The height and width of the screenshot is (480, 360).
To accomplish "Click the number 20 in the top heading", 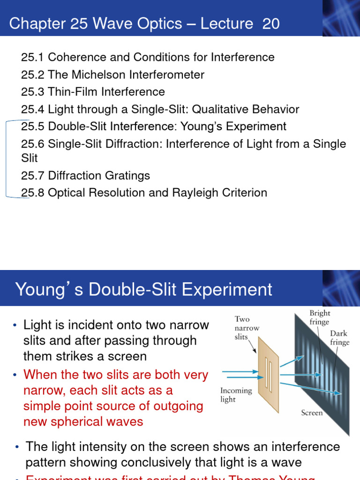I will point(271,23).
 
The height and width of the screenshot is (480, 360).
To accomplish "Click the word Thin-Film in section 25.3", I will point(72,92).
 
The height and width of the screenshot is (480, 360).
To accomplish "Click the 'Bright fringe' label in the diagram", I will point(320,317).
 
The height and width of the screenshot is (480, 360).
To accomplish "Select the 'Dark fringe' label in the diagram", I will point(339,338).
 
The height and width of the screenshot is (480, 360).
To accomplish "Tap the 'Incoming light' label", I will point(236,395).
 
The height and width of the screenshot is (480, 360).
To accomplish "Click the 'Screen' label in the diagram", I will point(312,413).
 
